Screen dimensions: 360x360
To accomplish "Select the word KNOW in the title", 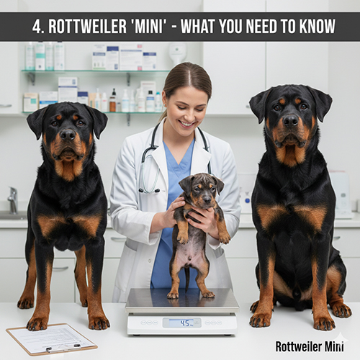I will coord(315,27).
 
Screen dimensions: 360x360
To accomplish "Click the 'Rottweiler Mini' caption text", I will coord(310,346).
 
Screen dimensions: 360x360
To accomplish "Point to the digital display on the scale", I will coord(181,323).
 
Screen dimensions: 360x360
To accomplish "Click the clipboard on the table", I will coord(51,338).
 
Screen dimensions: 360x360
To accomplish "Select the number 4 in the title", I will coord(36,27).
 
